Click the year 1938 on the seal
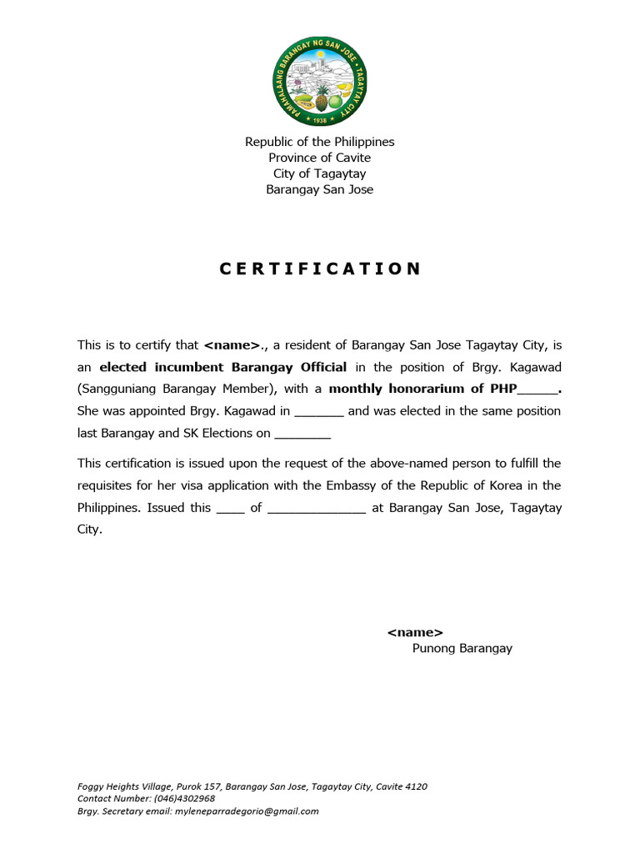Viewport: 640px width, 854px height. [320, 119]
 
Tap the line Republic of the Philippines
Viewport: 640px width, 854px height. [319, 142]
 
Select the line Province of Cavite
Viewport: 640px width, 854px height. [319, 158]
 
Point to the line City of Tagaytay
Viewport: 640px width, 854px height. [319, 173]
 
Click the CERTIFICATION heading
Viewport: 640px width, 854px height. [320, 269]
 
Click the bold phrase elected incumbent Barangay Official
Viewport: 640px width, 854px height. [222, 367]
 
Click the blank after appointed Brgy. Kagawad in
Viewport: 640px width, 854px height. [319, 412]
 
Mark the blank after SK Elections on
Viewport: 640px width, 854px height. [302, 434]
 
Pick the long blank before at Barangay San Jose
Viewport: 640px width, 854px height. [317, 508]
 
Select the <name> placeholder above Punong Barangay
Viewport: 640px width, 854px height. [415, 633]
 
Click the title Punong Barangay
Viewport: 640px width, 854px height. [462, 649]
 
